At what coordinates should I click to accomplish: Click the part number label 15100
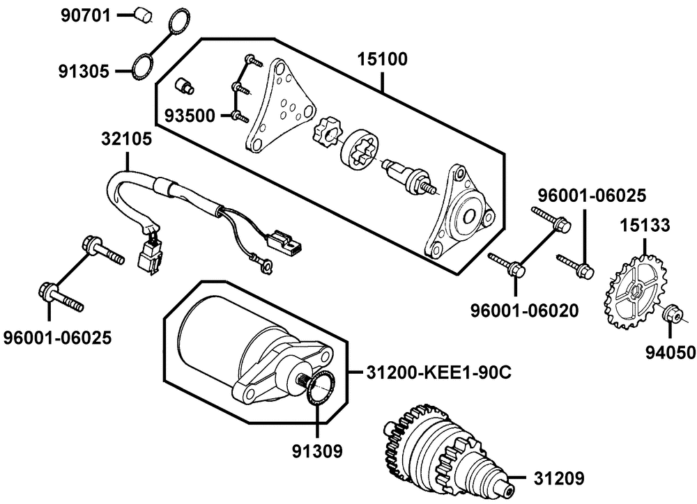tap(383, 59)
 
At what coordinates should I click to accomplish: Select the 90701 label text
tap(85, 16)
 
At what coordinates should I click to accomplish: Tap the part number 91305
tap(84, 72)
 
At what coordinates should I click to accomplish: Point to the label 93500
tap(190, 116)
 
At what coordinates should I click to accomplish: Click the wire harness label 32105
tap(127, 139)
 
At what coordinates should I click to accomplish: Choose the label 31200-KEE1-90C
tap(438, 372)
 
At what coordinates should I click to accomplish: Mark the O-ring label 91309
tap(317, 452)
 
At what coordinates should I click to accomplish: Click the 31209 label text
tap(559, 479)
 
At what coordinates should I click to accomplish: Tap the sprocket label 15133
tap(645, 226)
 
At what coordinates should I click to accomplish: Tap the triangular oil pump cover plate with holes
tap(280, 106)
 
